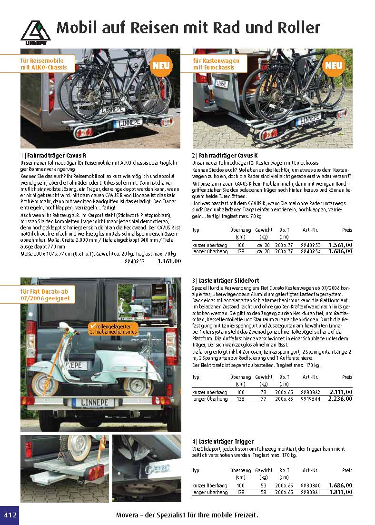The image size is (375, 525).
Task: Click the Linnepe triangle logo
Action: (35, 32)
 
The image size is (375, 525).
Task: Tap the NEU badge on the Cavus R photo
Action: (161, 67)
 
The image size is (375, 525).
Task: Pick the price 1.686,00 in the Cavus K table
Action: (340, 251)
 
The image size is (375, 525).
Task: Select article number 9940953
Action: (312, 245)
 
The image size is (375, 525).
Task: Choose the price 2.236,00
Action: (340, 398)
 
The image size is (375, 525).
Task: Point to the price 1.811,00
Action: (340, 492)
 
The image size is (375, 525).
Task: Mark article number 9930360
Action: (312, 485)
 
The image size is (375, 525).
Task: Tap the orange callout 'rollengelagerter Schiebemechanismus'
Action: (113, 328)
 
